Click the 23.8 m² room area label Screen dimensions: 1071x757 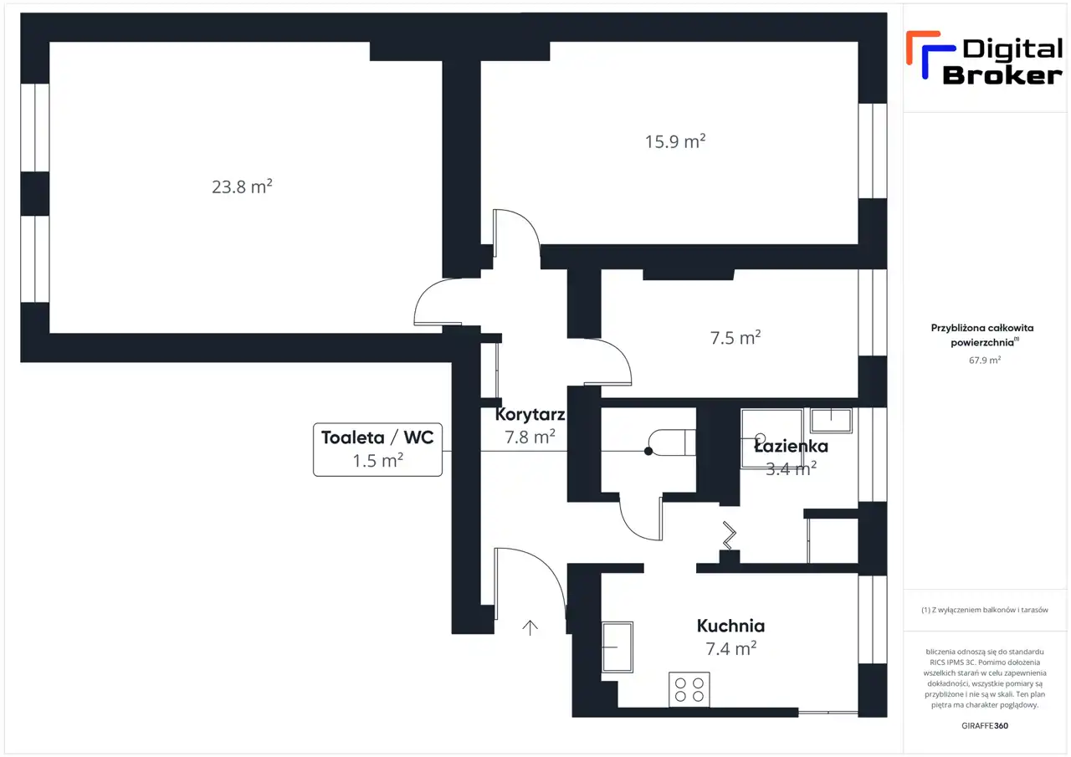point(242,187)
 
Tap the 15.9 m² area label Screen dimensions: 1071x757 point(675,141)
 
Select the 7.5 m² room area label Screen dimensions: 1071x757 point(735,338)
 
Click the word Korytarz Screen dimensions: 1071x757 point(530,414)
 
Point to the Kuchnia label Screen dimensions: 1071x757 point(730,626)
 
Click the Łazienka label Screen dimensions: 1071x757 point(791,447)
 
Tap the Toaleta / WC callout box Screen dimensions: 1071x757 point(377,449)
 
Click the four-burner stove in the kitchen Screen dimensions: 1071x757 point(689,689)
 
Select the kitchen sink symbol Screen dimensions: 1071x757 point(617,647)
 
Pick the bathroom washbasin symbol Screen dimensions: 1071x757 point(831,421)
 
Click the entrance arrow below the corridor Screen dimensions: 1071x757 point(530,628)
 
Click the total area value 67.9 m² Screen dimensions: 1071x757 point(985,360)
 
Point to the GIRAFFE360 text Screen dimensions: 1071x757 point(985,725)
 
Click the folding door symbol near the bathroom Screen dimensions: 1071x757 point(729,535)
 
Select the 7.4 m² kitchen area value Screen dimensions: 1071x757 point(731,649)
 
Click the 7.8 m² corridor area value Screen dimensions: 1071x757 point(530,437)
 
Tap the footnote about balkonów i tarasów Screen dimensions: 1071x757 point(985,610)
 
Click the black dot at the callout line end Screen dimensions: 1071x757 point(648,451)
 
